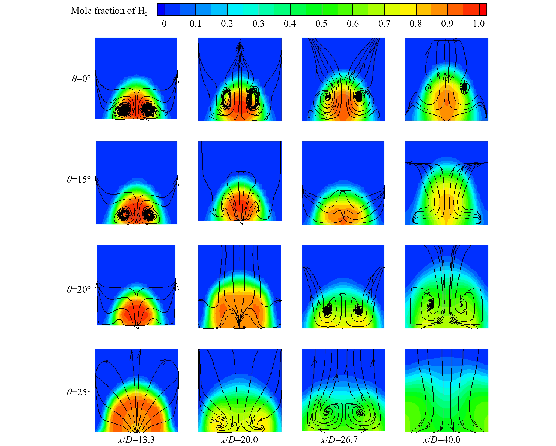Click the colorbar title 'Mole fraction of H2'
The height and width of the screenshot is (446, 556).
tap(109, 11)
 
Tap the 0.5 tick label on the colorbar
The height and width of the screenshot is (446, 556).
tap(321, 24)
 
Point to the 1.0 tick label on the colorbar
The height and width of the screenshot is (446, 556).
tap(479, 24)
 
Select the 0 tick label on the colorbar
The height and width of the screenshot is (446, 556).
tap(164, 24)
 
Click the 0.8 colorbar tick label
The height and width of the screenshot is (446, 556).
tap(415, 24)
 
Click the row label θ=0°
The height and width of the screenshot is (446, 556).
tap(81, 79)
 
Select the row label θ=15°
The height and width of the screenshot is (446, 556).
tap(79, 179)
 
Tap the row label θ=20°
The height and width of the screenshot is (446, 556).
tap(79, 289)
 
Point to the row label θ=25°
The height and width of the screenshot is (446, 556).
tap(79, 392)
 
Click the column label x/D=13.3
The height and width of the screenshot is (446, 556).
tap(136, 439)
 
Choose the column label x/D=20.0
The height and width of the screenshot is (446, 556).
tap(239, 439)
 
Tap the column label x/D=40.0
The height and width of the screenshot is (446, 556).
tap(441, 439)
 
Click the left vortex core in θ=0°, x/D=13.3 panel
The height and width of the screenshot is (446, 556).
tap(125, 110)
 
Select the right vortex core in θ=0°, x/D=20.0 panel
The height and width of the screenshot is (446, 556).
tap(252, 99)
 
